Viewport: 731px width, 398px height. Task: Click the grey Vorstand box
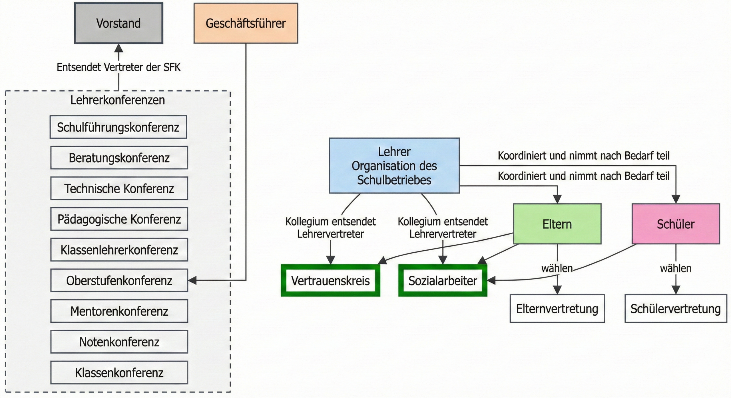coord(119,23)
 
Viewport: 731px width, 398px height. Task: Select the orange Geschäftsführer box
coord(246,23)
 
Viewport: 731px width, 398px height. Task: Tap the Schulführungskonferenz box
coord(118,127)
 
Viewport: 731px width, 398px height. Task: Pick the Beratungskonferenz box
coord(119,158)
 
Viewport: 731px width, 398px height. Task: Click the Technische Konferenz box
coord(119,188)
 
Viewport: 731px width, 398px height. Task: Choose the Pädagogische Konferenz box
coord(119,219)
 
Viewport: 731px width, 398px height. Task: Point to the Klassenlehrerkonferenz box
coord(119,250)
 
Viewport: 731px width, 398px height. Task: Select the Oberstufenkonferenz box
coord(119,281)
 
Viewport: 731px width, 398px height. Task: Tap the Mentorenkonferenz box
coord(119,311)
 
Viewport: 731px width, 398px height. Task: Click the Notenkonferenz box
coord(119,342)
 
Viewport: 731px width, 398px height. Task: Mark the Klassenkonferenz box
coord(119,373)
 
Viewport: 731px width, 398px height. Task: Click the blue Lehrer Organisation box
coord(394,166)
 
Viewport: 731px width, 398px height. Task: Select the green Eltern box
coord(557,224)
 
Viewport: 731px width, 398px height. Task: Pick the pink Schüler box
coord(676,224)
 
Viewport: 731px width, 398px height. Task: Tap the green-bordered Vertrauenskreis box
coord(330,281)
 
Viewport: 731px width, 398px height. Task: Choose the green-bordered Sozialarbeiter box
coord(443,281)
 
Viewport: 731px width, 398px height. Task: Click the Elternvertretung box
coord(557,309)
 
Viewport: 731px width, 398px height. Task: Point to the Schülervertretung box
coord(676,309)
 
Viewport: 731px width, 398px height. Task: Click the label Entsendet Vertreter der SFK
coord(119,67)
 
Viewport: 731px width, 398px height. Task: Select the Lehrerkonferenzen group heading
coord(118,100)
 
